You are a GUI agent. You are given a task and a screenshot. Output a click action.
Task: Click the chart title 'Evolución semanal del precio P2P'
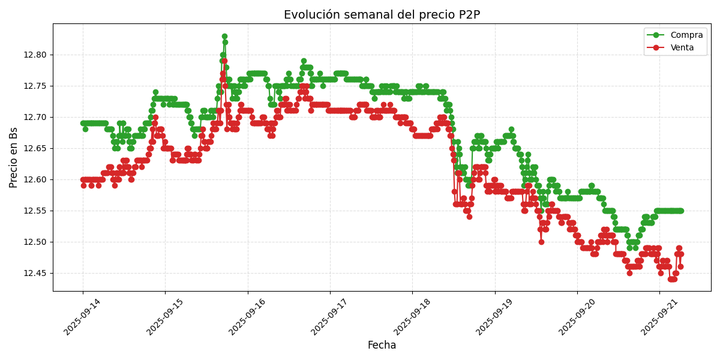(x=382, y=15)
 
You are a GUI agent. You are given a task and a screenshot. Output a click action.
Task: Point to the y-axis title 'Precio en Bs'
(x=14, y=157)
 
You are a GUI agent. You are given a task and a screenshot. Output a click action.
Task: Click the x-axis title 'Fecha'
(x=382, y=346)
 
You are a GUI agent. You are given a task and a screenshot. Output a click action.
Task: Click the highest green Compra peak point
(x=224, y=37)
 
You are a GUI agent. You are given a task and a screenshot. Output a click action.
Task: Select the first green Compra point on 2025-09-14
(x=83, y=123)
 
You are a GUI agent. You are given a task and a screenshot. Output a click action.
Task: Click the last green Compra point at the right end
(x=681, y=211)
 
